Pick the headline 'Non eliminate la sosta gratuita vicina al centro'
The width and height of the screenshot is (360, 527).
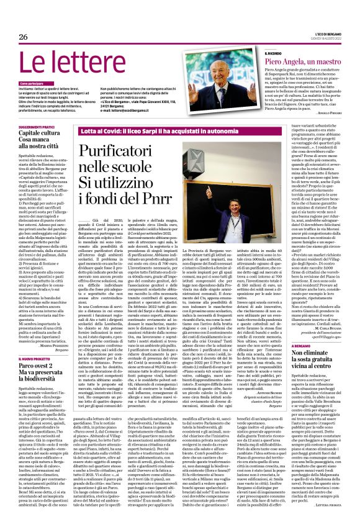point(304,360)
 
